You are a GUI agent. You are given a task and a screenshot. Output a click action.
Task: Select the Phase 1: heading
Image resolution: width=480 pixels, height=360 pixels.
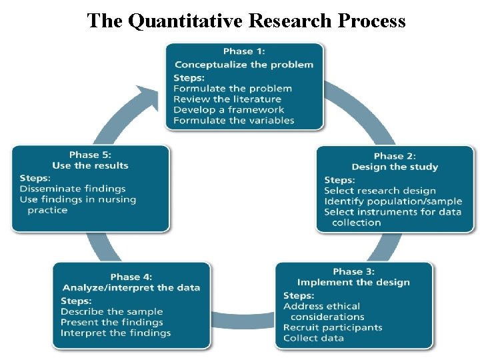tap(243, 51)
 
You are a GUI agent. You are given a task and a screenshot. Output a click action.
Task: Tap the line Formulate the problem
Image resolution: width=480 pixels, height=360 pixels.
tap(232, 88)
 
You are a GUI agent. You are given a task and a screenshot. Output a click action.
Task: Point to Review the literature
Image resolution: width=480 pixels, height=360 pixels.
tap(227, 99)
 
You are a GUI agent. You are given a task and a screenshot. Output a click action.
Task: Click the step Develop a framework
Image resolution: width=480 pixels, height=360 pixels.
tap(229, 109)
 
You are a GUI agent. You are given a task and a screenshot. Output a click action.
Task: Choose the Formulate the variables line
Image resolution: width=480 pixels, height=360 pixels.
tap(233, 120)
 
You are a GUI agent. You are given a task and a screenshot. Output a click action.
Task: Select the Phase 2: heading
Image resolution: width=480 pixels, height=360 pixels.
tap(395, 156)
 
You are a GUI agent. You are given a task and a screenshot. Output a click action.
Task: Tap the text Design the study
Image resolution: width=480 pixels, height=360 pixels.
tap(395, 167)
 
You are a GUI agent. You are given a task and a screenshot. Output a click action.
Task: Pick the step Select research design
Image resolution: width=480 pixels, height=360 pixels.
tap(379, 191)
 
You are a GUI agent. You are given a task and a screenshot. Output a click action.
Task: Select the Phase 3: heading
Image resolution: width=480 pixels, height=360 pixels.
tap(353, 271)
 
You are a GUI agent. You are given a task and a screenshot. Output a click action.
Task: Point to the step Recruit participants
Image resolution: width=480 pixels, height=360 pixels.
tap(333, 327)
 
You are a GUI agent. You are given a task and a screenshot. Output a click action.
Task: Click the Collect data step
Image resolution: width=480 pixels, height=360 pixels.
tap(313, 338)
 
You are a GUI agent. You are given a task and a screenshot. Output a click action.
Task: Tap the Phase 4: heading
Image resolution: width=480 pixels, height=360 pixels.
tap(131, 277)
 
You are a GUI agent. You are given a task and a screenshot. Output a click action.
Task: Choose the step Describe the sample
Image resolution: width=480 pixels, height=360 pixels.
tap(111, 311)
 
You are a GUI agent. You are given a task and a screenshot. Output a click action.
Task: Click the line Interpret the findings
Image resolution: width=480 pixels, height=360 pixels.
tap(115, 333)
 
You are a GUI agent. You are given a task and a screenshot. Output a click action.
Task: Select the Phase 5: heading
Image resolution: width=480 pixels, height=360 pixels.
tap(90, 155)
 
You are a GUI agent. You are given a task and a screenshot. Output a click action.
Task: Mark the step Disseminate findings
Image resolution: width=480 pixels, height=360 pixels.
tap(73, 189)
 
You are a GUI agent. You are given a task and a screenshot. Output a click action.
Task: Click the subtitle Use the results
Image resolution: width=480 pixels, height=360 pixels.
tap(90, 165)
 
